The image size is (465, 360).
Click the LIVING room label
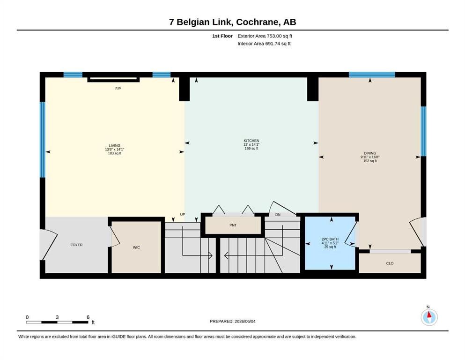coord(114,145)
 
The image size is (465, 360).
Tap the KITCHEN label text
coord(251,141)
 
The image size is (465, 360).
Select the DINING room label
coord(370,153)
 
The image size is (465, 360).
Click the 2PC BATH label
coord(330,239)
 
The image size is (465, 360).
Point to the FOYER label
coord(76,245)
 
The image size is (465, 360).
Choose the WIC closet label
coord(136,247)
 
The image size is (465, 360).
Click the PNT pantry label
coord(233,225)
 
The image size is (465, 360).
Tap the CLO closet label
coord(390,263)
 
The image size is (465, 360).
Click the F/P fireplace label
coord(118,89)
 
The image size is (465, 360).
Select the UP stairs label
coord(183,214)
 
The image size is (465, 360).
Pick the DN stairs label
coord(278,215)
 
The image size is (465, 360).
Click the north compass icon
coord(429,317)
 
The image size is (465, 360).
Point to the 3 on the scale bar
coord(57,317)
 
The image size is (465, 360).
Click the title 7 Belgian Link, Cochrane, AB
coord(233,22)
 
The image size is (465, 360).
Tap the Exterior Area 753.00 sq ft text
coord(265,36)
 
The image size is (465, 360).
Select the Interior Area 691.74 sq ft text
coord(264,44)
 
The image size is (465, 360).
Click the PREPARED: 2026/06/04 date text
coord(232,321)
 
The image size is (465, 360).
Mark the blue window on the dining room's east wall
coord(423,131)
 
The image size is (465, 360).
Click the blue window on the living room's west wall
coord(43,140)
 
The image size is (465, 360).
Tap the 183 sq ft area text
coord(114,153)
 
